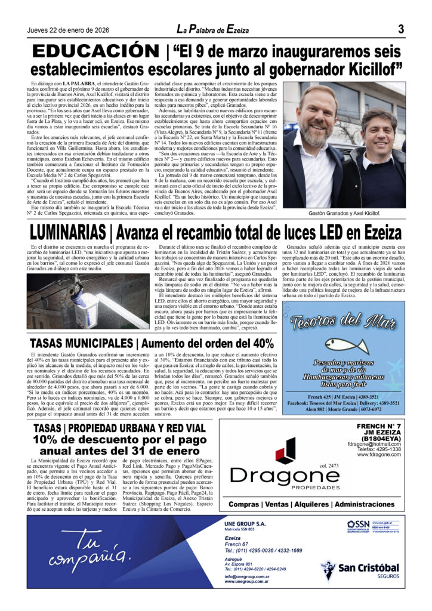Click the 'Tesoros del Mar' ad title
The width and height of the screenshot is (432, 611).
pyautogui.click(x=343, y=323)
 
